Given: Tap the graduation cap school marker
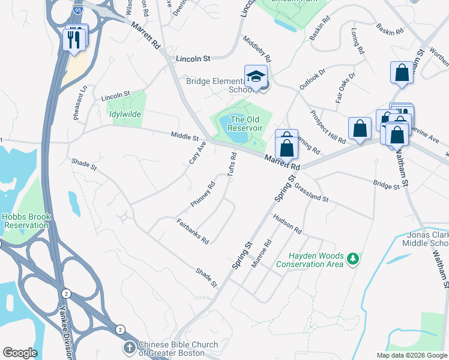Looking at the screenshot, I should pyautogui.click(x=255, y=77).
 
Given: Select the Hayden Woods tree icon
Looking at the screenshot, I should pyautogui.click(x=354, y=259).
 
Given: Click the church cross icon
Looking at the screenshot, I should pyautogui.click(x=129, y=347).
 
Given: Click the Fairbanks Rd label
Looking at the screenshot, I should pyautogui.click(x=193, y=231).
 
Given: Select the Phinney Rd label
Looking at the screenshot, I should pyautogui.click(x=203, y=194).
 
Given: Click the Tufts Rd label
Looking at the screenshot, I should pyautogui.click(x=231, y=164).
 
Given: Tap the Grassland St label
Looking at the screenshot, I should pyautogui.click(x=312, y=191).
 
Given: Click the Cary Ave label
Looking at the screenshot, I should pyautogui.click(x=197, y=154).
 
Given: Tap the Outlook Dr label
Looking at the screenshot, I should pyautogui.click(x=312, y=79).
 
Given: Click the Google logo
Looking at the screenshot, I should pyautogui.click(x=20, y=353).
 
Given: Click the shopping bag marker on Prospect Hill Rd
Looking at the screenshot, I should pyautogui.click(x=360, y=128).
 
